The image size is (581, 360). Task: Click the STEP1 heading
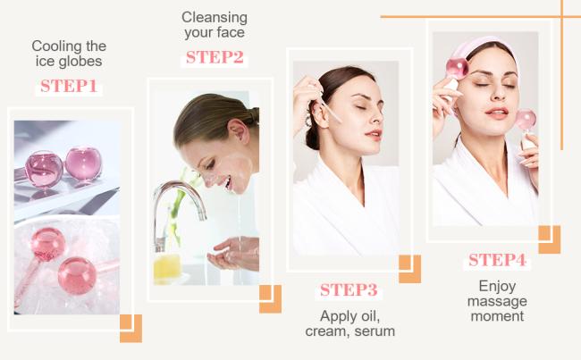pyautogui.click(x=69, y=87)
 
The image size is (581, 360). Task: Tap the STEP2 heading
pyautogui.click(x=215, y=57)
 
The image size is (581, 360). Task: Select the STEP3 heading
pyautogui.click(x=349, y=290)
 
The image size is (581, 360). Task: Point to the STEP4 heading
pyautogui.click(x=497, y=260)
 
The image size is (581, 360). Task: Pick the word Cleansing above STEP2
pyautogui.click(x=215, y=17)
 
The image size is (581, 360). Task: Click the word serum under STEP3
pyautogui.click(x=375, y=331)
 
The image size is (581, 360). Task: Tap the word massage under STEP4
pyautogui.click(x=497, y=301)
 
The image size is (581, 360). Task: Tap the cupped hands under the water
pyautogui.click(x=233, y=254)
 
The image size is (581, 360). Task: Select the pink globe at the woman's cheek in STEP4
pyautogui.click(x=526, y=120)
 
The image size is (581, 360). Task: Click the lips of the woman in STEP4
pyautogui.click(x=496, y=113)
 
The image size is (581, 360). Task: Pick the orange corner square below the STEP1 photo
pyautogui.click(x=131, y=329)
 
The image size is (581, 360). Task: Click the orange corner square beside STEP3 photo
pyautogui.click(x=409, y=269)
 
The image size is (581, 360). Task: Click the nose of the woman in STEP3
pyautogui.click(x=377, y=115)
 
